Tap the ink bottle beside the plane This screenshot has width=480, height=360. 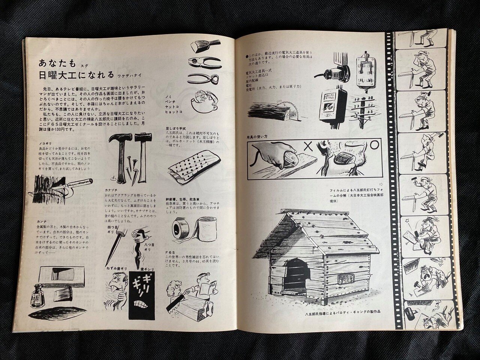[x=39, y=293]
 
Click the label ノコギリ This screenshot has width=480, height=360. [x=39, y=143]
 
